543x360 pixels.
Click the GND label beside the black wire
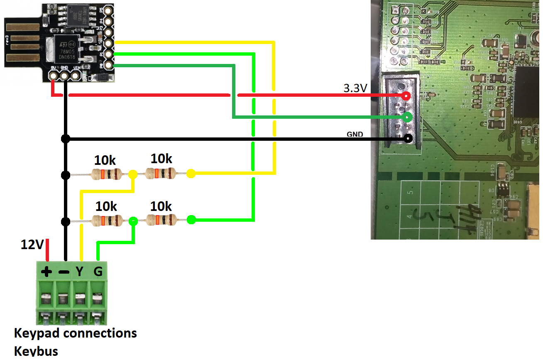[x=355, y=134]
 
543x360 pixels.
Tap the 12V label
[x=32, y=245]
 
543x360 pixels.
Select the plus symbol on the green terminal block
[x=46, y=272]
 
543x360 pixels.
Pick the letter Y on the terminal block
[x=80, y=272]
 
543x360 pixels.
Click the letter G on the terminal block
[x=98, y=272]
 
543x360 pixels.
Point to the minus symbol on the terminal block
[x=64, y=272]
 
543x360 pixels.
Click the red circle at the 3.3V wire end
[x=406, y=96]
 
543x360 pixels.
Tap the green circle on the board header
[x=408, y=117]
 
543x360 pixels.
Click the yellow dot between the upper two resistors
[x=133, y=174]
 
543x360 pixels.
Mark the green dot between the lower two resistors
[x=133, y=220]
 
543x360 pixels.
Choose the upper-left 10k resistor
[x=107, y=174]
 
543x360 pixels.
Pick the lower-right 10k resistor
[x=162, y=220]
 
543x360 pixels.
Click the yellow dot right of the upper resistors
[x=191, y=174]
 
